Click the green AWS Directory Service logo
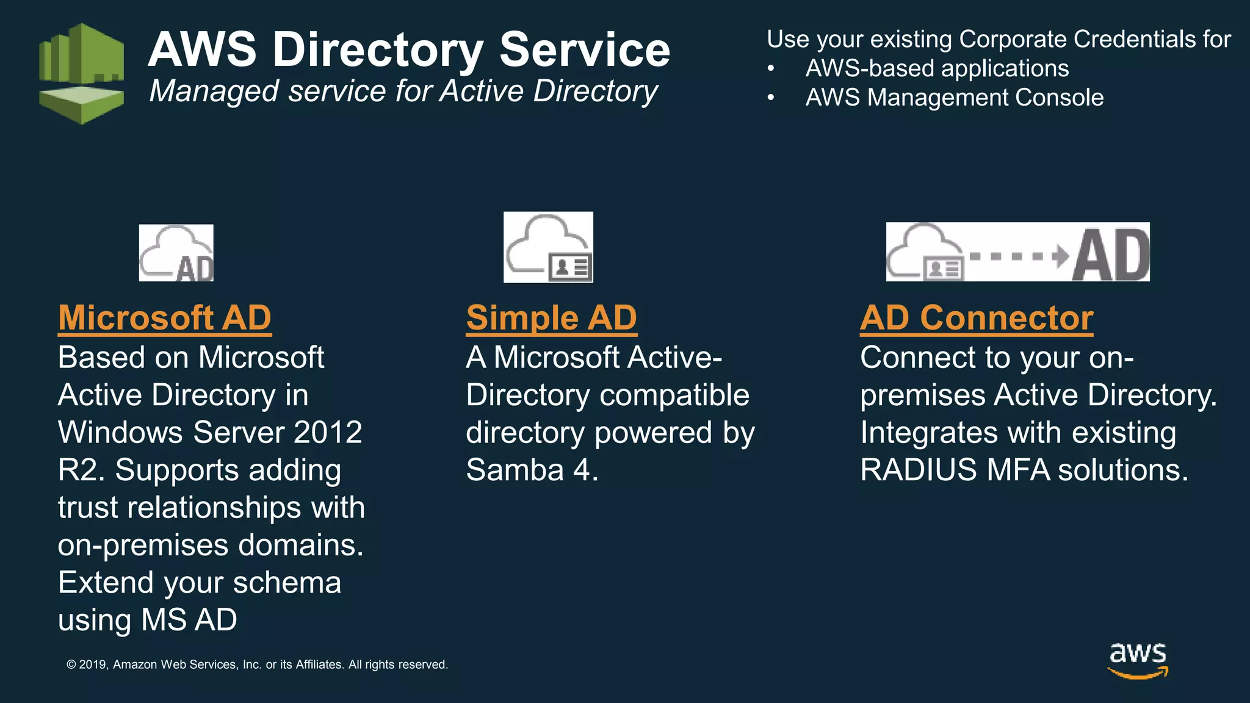click(81, 73)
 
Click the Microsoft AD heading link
click(165, 318)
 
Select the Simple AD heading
click(551, 318)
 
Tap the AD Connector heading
click(977, 318)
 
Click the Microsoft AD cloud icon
click(176, 253)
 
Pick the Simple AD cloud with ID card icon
click(548, 247)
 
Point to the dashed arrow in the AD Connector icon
click(1017, 256)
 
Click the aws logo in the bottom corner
click(1138, 660)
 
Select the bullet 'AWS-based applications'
click(937, 68)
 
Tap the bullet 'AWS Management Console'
click(954, 98)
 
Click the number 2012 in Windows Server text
click(328, 433)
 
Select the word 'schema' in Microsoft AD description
click(287, 583)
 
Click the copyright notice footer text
click(257, 665)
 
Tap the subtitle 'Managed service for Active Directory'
click(403, 92)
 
